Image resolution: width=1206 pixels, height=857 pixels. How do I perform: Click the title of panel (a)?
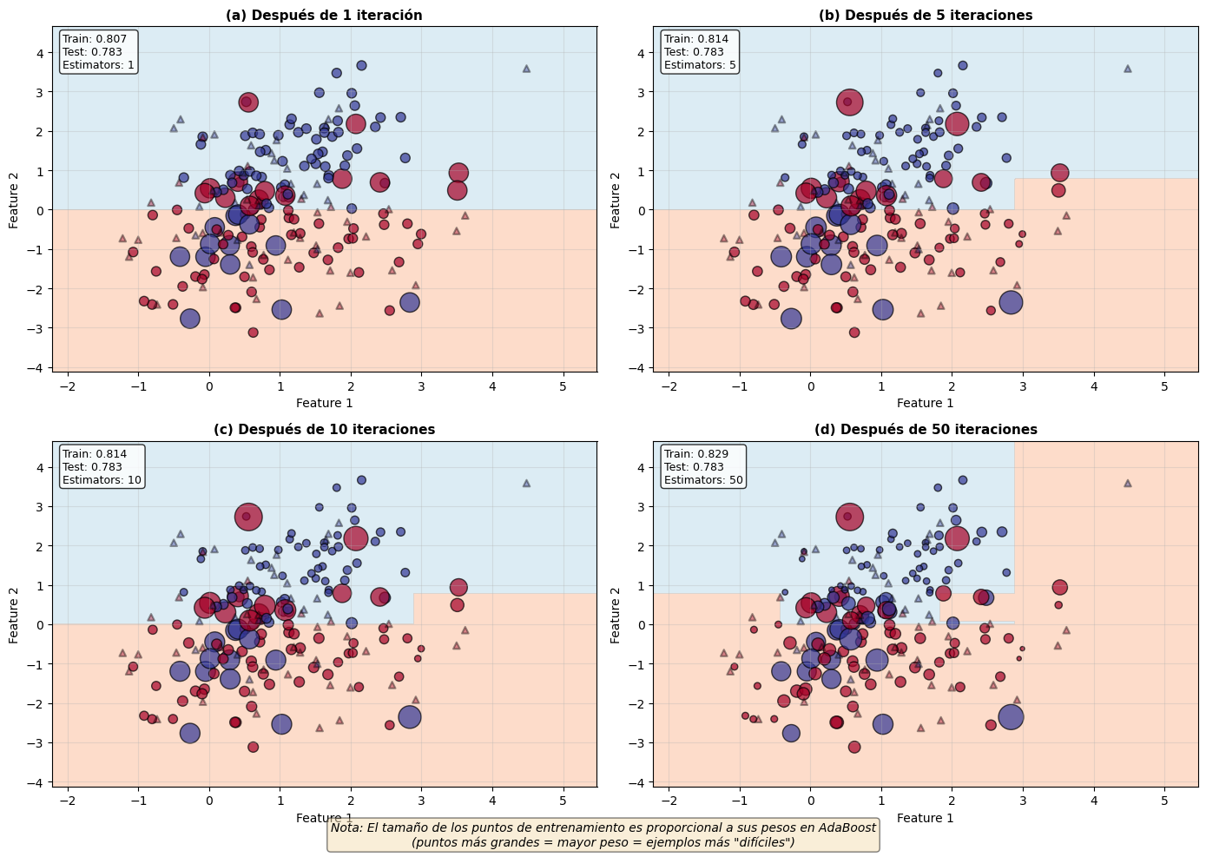pos(324,15)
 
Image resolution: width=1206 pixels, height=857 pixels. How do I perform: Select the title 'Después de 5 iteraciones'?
pos(926,15)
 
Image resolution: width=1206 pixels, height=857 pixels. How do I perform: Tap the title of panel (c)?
pos(324,429)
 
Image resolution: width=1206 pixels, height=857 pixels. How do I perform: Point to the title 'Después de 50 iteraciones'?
pos(926,429)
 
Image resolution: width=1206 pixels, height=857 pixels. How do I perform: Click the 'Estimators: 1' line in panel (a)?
pos(98,65)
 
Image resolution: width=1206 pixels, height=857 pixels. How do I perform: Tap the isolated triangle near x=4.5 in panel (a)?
pos(526,68)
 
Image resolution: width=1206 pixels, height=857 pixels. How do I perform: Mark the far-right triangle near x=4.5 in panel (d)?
pos(1128,483)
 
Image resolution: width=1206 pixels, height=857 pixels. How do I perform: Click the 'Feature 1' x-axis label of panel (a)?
pos(324,403)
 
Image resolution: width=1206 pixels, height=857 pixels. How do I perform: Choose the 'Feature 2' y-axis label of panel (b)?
pos(616,200)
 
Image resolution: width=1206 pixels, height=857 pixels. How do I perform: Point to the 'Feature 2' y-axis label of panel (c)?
pos(14,615)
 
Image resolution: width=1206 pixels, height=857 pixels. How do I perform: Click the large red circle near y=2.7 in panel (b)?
pos(850,102)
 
